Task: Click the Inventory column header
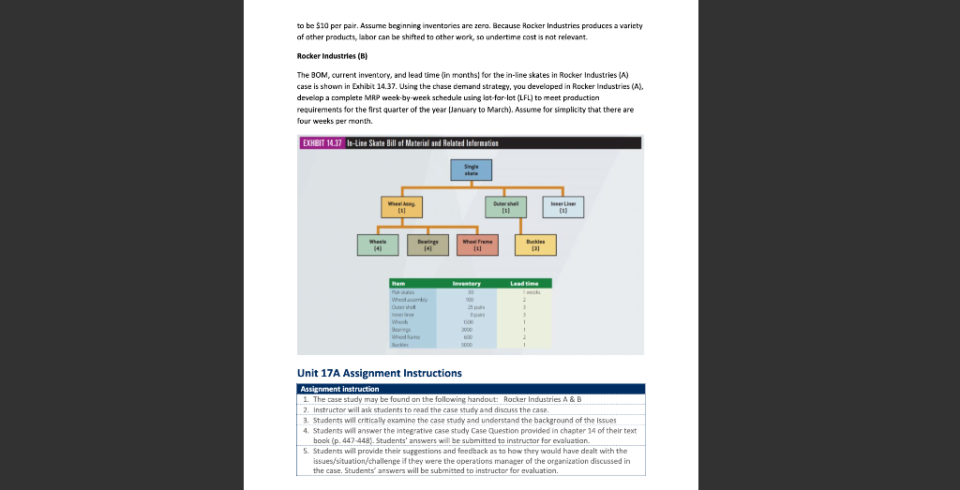pyautogui.click(x=466, y=283)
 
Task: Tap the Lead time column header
pyautogui.click(x=524, y=283)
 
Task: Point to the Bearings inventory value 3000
pyautogui.click(x=467, y=330)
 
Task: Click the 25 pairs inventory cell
pyautogui.click(x=467, y=306)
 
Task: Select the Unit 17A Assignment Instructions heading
pyautogui.click(x=380, y=373)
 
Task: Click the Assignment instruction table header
pyautogui.click(x=339, y=389)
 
